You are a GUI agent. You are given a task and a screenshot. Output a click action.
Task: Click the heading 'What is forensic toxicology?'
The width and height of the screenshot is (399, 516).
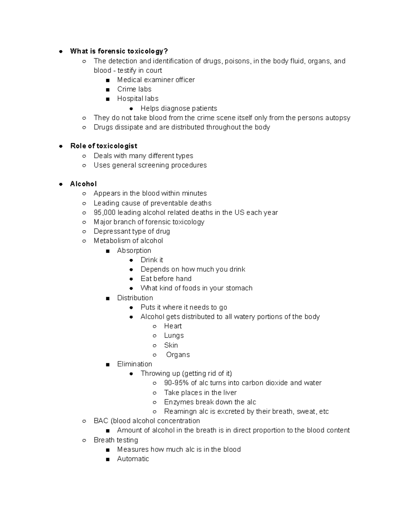119,51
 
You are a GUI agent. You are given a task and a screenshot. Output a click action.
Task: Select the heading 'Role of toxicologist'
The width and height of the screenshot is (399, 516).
104,146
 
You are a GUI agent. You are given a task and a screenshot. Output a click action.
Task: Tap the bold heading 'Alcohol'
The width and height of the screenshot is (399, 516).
83,184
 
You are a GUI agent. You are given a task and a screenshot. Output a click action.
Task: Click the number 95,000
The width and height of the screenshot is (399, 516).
104,213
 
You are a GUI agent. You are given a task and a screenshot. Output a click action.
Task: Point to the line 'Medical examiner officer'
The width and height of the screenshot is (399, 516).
156,80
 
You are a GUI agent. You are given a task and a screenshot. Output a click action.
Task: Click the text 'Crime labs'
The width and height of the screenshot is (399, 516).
134,89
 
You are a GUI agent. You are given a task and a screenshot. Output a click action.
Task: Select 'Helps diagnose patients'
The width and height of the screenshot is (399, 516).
179,109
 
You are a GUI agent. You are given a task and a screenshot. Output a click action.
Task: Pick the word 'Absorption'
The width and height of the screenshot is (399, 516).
134,251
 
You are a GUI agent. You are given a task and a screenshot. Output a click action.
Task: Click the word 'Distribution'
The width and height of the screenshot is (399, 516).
135,298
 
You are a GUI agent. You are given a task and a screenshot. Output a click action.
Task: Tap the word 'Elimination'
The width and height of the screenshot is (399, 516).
134,364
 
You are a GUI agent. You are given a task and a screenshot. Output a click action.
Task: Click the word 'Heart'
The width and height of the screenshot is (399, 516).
173,326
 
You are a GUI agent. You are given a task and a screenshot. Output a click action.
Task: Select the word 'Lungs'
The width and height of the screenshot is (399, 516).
174,336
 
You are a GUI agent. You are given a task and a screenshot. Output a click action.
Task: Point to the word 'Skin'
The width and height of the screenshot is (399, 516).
171,345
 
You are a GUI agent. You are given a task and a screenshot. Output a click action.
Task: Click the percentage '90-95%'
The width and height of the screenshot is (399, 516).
176,383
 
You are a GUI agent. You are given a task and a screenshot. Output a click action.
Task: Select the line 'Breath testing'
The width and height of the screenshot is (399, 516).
116,440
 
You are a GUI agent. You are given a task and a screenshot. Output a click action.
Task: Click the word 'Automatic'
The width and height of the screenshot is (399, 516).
133,459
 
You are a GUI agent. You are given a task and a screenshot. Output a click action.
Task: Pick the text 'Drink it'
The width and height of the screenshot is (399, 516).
152,260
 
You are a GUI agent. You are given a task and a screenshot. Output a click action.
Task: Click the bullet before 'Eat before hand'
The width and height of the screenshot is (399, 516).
131,279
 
